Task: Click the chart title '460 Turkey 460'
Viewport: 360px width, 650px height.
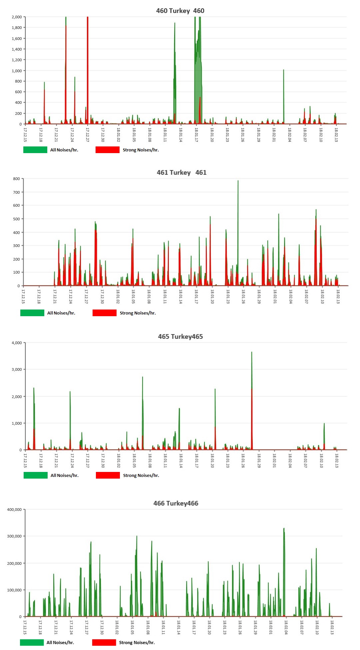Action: [x=180, y=11]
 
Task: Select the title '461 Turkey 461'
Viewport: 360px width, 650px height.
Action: [x=181, y=172]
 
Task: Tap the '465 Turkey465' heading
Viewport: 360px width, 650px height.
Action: [x=180, y=336]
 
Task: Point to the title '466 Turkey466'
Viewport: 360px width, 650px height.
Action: [x=176, y=503]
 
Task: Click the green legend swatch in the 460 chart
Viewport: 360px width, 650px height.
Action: [x=35, y=150]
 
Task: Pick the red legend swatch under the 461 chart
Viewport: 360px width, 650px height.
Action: [x=105, y=313]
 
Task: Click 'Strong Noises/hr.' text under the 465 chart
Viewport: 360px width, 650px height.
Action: [x=141, y=475]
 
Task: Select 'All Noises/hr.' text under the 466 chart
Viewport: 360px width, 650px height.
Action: [x=60, y=642]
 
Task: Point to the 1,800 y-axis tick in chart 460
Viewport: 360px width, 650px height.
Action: [x=17, y=28]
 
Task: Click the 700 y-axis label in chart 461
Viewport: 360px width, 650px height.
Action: [x=16, y=192]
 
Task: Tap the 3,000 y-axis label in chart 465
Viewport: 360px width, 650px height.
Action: [x=17, y=369]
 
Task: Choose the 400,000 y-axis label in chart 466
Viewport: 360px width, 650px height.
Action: [x=14, y=510]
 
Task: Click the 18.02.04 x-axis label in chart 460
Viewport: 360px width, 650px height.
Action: [x=289, y=135]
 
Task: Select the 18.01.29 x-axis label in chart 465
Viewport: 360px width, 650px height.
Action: [x=259, y=461]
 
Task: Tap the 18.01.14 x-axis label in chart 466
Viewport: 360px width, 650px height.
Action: [x=179, y=627]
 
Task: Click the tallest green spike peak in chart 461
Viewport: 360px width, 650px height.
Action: [x=238, y=181]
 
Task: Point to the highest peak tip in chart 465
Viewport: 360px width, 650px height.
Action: [x=251, y=352]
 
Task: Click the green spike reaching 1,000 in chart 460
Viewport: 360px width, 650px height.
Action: [x=283, y=70]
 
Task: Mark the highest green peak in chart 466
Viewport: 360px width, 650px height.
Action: [x=284, y=529]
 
